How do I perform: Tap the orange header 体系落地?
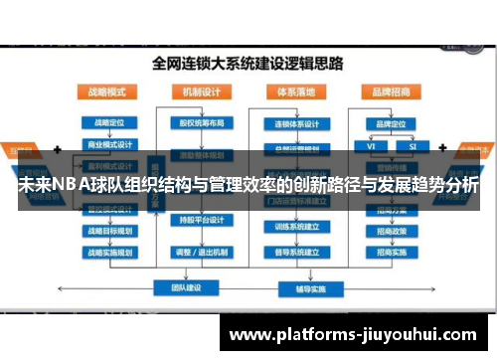click(297, 90)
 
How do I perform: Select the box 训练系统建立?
click(297, 226)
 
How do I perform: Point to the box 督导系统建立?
click(297, 252)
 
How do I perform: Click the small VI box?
click(371, 145)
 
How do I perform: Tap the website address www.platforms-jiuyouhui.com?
click(361, 335)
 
